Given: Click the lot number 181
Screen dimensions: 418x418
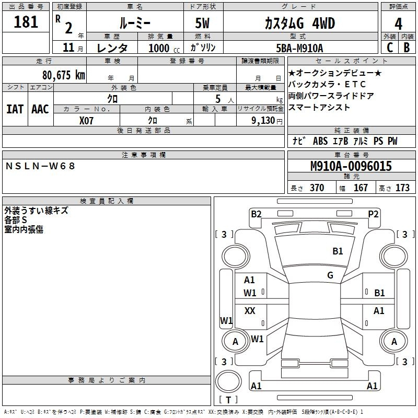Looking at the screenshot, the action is [26, 21].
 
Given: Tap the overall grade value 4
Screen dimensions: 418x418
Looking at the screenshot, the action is [398, 24].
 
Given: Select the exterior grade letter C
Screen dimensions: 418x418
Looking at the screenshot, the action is [390, 48].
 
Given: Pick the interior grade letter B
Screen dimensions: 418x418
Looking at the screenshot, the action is [407, 48].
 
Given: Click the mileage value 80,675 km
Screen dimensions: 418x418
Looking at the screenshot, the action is [64, 75].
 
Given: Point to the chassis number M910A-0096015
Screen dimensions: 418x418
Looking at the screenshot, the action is [351, 166].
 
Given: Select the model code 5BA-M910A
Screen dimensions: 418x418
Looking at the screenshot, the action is [299, 48].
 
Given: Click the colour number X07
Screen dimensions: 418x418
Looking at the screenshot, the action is [86, 121].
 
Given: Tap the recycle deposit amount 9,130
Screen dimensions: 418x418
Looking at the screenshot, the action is [263, 121].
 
